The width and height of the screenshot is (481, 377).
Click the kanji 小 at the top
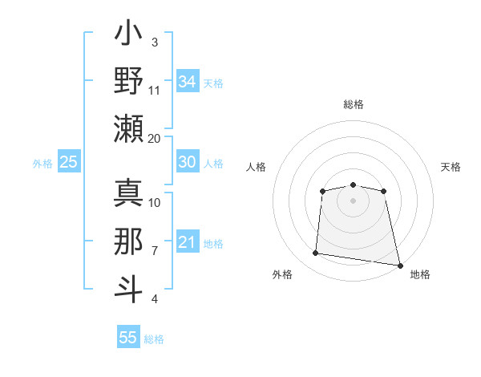[128, 37]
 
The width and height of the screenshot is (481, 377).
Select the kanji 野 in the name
[128, 81]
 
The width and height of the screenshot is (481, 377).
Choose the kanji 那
[128, 241]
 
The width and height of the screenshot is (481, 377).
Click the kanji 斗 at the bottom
[128, 288]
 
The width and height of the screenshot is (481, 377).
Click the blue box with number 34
[187, 81]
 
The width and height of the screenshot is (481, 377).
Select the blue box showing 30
[187, 162]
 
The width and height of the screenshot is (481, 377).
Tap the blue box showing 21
[187, 242]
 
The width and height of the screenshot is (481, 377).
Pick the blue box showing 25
[68, 162]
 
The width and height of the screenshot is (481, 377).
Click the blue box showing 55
[128, 338]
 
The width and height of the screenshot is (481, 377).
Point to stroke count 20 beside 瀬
[155, 138]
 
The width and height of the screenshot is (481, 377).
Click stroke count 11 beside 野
[155, 91]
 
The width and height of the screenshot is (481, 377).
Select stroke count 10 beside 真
[155, 203]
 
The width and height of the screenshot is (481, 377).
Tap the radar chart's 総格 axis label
[353, 104]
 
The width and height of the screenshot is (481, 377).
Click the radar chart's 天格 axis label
[451, 167]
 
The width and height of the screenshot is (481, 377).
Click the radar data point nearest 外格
[316, 253]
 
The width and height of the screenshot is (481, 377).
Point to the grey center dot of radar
[353, 200]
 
